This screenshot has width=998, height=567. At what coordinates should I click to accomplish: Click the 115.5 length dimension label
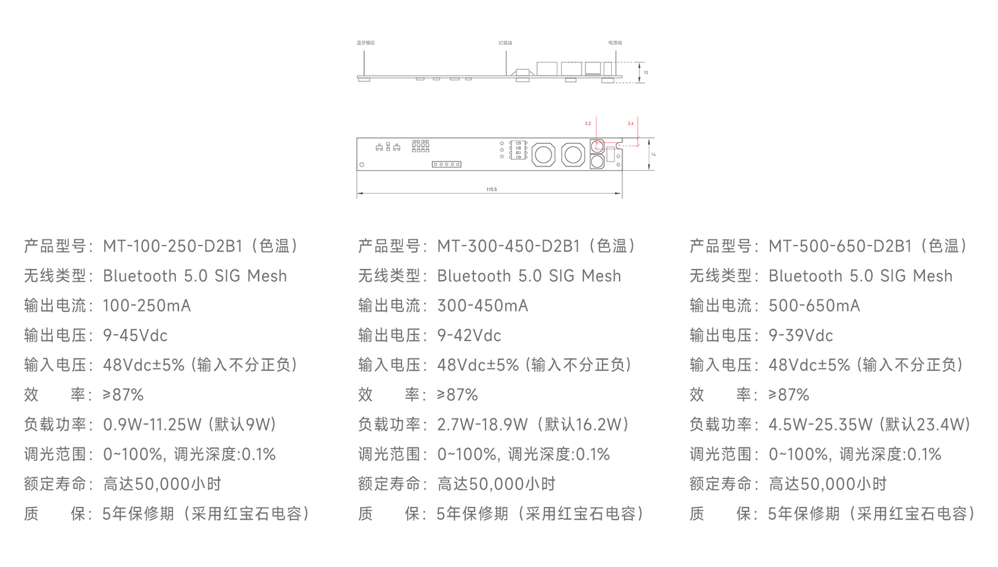tap(491, 189)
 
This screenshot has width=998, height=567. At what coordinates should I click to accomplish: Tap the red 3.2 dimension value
tap(588, 124)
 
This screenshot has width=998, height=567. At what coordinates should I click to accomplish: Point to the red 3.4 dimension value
tap(631, 124)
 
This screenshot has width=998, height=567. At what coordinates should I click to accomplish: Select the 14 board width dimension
tap(653, 154)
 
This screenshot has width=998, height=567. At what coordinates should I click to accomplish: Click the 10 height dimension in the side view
tap(645, 73)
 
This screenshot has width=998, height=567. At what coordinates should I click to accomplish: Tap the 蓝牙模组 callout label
tap(365, 43)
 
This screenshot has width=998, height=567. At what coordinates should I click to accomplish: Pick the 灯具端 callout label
tap(505, 43)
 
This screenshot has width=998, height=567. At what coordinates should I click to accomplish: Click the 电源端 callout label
tap(615, 43)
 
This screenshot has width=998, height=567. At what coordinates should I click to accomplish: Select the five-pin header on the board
tap(446, 164)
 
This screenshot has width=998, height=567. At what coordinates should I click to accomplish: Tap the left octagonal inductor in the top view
tap(543, 154)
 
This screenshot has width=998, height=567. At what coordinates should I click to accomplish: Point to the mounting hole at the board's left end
tap(362, 164)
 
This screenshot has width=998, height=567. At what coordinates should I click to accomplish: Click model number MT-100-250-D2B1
tap(172, 246)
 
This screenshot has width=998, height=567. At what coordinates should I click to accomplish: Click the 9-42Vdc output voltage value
tap(469, 336)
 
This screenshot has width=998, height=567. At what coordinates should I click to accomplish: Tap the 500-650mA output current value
tap(814, 306)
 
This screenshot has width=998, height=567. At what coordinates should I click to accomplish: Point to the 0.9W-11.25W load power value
tap(152, 425)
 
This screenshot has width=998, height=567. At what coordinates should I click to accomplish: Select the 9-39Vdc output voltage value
tap(800, 336)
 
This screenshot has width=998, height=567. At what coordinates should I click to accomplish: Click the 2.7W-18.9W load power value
tap(482, 425)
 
